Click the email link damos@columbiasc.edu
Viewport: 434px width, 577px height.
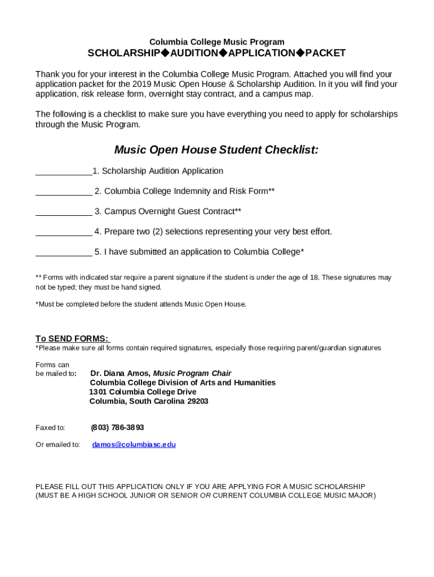click(134, 445)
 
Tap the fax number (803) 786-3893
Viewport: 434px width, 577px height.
click(117, 428)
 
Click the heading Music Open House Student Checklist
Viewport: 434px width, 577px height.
click(216, 150)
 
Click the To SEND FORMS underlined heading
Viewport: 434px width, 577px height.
click(72, 339)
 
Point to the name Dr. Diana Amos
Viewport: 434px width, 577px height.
click(120, 373)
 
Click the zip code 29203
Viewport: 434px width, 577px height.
click(198, 401)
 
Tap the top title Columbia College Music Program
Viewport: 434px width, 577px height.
click(216, 42)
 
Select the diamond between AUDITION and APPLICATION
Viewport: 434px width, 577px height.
click(223, 53)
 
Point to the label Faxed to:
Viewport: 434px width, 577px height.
click(50, 428)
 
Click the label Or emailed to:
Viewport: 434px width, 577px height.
click(57, 445)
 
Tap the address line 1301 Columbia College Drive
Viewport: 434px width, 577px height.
click(143, 392)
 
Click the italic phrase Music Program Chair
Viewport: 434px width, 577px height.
click(192, 373)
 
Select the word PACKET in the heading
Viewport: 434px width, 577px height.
click(325, 54)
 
